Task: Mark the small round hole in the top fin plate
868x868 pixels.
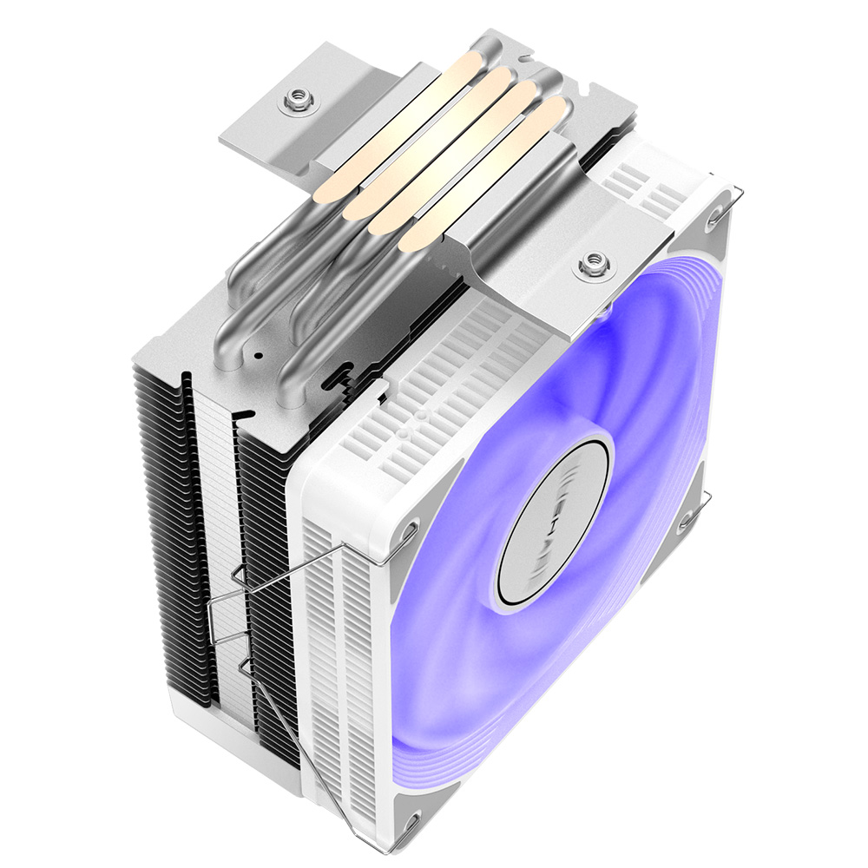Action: click(257, 356)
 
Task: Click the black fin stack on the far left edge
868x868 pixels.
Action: click(161, 521)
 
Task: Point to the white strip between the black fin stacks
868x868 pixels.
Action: click(221, 538)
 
